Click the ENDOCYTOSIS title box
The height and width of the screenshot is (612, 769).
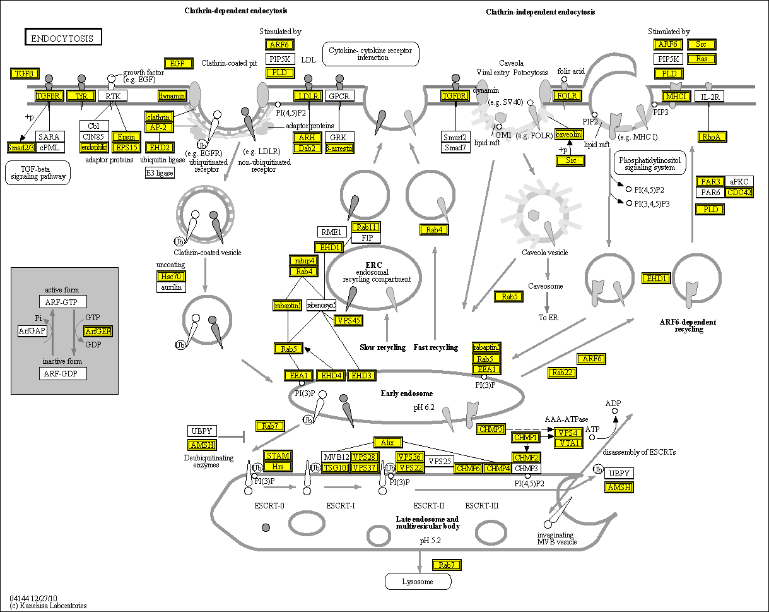click(x=62, y=38)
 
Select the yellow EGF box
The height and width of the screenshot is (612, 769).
click(x=177, y=63)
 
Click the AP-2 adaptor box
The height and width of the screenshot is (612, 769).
click(x=158, y=128)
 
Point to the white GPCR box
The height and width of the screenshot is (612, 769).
click(x=339, y=96)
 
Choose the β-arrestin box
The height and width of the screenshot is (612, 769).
click(x=339, y=148)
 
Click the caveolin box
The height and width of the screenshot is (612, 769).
click(x=568, y=135)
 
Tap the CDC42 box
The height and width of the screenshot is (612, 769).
click(x=739, y=193)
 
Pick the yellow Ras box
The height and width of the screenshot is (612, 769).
click(x=701, y=59)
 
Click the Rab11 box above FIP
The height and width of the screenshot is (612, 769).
click(x=367, y=227)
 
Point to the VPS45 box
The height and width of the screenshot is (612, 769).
click(x=348, y=320)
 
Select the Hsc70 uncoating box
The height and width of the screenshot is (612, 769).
click(x=172, y=276)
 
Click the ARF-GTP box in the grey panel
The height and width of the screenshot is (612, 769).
click(x=62, y=301)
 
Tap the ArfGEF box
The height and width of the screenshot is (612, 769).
click(x=98, y=331)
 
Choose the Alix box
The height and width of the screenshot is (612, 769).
click(x=387, y=443)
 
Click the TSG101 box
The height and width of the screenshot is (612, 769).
click(x=335, y=467)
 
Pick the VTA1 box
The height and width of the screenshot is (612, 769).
click(x=567, y=443)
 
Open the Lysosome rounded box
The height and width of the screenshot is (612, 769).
click(x=418, y=581)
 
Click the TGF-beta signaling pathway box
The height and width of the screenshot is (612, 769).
click(x=38, y=172)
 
